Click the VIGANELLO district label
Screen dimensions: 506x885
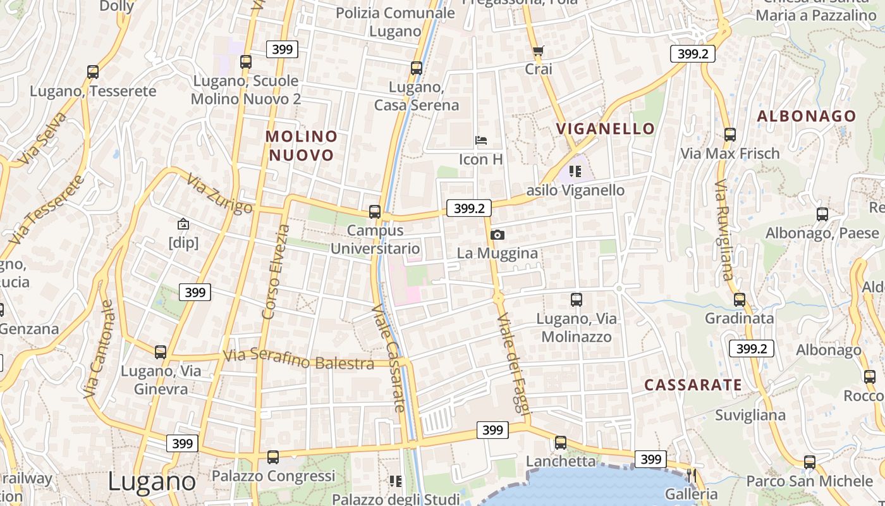coord(606,128)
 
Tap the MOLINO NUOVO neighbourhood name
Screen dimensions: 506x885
coord(302,145)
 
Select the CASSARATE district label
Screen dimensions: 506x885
coord(693,385)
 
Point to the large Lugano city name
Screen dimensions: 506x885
coord(152,481)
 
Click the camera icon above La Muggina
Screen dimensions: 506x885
coord(497,235)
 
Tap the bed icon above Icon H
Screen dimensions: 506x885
coord(481,140)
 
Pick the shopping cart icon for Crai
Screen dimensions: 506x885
coord(538,51)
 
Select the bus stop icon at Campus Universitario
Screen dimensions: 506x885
coord(375,212)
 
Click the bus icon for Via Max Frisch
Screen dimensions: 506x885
coord(730,134)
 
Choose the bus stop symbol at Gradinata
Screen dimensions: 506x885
coord(739,299)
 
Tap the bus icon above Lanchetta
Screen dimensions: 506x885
coord(561,443)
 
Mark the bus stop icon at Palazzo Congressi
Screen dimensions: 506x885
coord(273,457)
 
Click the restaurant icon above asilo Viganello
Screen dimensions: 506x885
coord(575,171)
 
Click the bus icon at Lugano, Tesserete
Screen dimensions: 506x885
coord(93,72)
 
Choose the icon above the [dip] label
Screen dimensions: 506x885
coord(183,223)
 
